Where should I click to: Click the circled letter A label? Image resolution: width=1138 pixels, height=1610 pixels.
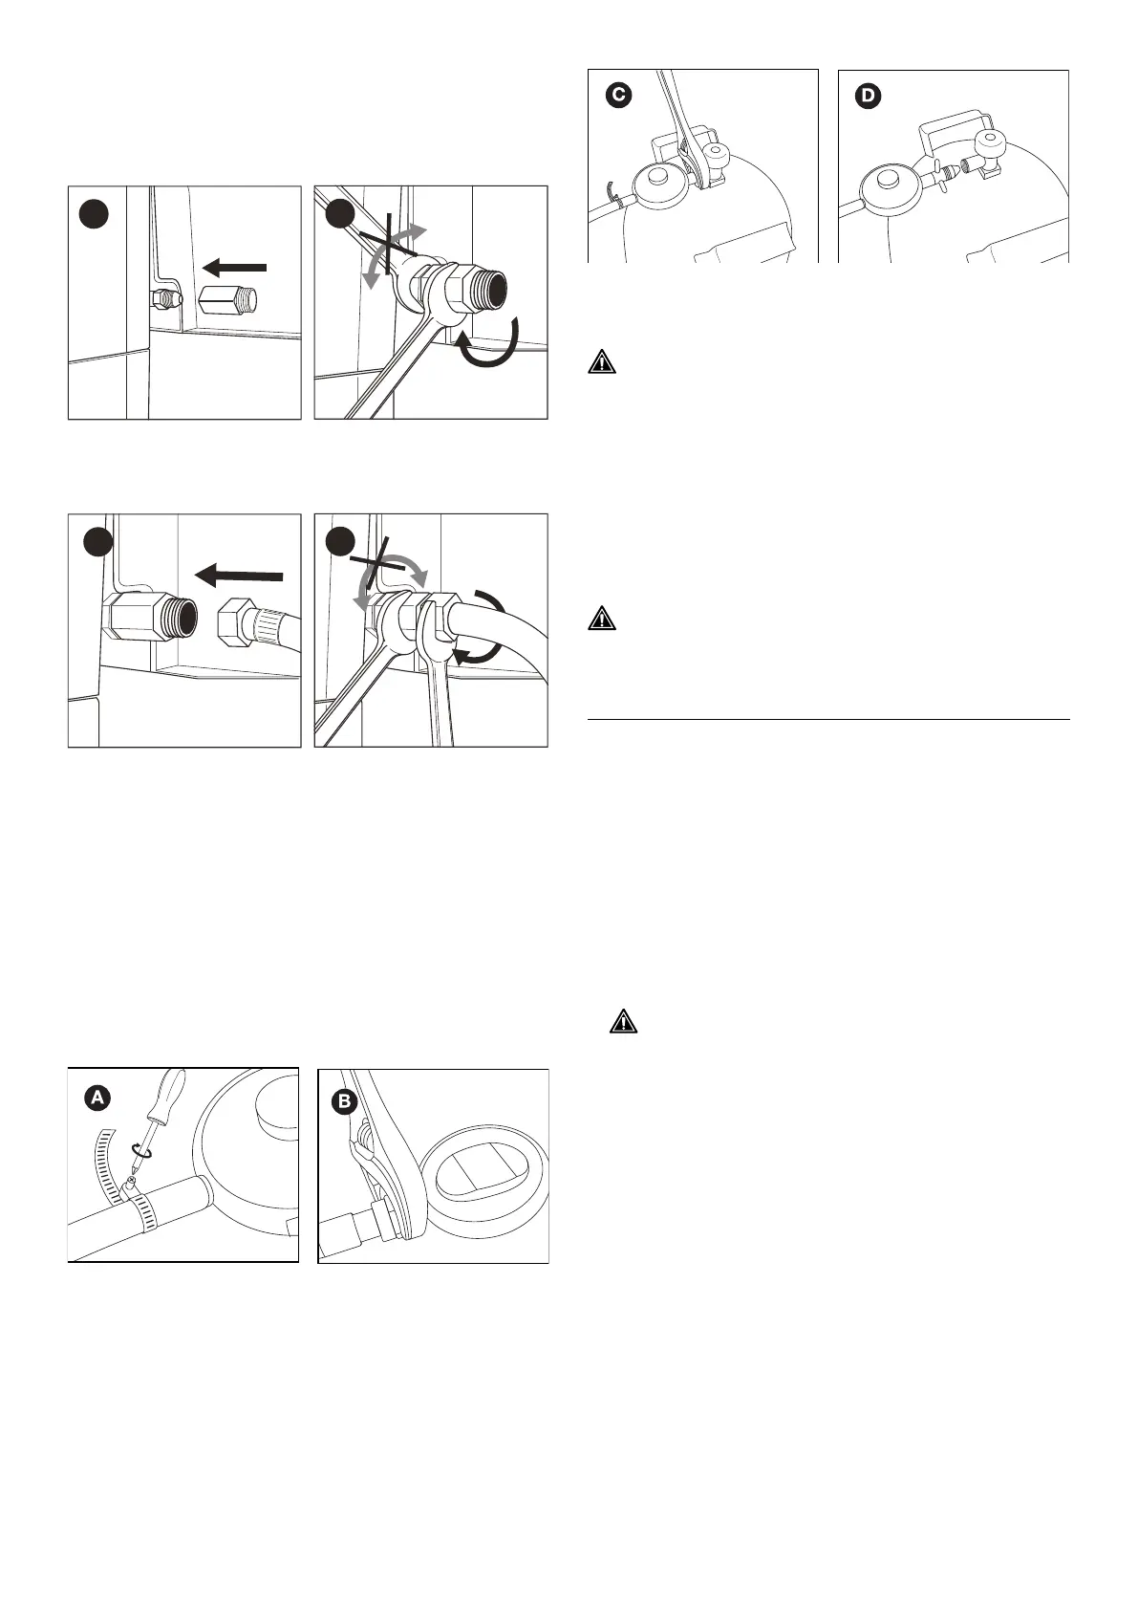pos(97,1099)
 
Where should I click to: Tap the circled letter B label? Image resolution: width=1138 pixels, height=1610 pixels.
pos(344,1102)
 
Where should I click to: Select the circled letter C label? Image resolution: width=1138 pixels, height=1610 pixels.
pos(619,97)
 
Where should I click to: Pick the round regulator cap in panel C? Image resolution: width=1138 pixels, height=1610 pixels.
pos(656,178)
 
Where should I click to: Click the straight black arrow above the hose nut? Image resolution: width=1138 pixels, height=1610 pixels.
pos(238,576)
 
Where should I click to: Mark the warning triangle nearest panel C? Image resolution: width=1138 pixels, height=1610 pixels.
pos(601,362)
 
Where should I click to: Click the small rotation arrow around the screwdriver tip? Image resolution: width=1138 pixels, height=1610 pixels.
pos(141,1152)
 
